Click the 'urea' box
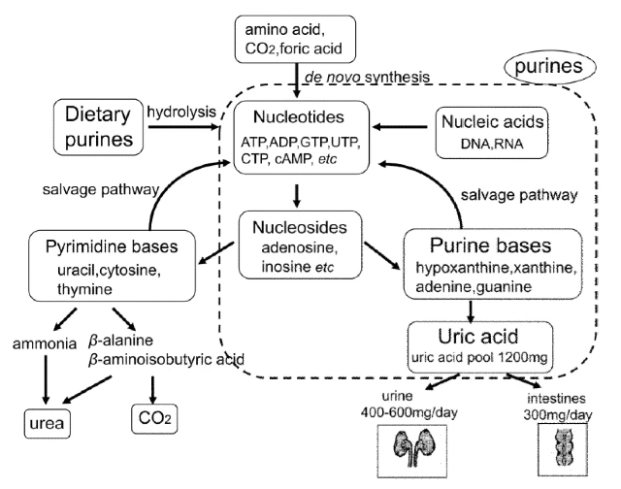tap(46, 424)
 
